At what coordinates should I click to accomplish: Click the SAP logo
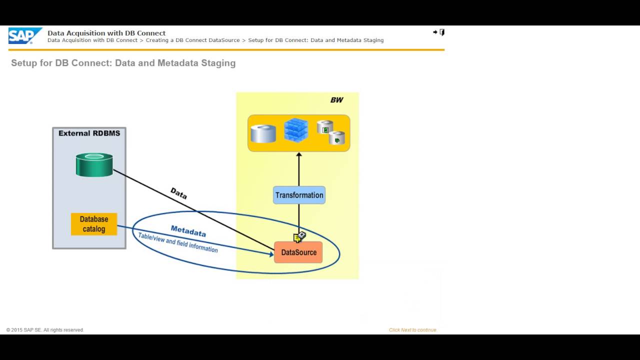tap(24, 36)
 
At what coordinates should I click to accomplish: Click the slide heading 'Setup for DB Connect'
tap(123, 63)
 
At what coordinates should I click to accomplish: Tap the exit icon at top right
tap(439, 32)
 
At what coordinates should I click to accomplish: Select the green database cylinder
tap(94, 164)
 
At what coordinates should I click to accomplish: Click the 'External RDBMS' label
tap(89, 133)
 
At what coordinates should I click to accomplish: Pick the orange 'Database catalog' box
tap(94, 224)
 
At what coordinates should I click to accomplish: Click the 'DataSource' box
tap(298, 252)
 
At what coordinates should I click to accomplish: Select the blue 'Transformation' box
tap(299, 195)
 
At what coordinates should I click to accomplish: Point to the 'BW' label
tap(336, 100)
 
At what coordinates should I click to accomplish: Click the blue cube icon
tap(296, 130)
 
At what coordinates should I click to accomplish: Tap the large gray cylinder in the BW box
tap(263, 133)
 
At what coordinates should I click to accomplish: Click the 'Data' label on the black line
tap(178, 193)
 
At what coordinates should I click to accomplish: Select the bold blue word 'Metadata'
tap(188, 231)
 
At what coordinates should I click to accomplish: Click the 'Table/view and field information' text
tap(178, 243)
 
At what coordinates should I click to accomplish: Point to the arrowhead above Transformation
tap(299, 155)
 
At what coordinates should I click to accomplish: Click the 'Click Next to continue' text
tap(412, 330)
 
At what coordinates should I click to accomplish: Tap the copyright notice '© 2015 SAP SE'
tap(45, 330)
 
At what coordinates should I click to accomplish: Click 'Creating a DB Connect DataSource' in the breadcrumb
tap(192, 40)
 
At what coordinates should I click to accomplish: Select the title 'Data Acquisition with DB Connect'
tap(106, 33)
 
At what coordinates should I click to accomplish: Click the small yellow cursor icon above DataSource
tap(299, 236)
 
